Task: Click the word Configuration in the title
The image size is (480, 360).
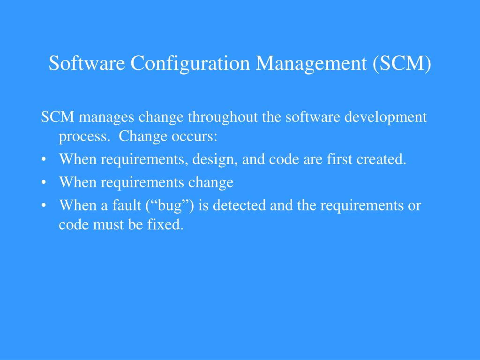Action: tap(190, 63)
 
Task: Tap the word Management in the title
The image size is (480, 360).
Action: tap(311, 63)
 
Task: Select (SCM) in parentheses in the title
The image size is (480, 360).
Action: tap(402, 63)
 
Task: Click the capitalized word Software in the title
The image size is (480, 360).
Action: tap(87, 63)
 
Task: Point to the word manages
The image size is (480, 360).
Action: tap(106, 118)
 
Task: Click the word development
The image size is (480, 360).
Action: tap(385, 117)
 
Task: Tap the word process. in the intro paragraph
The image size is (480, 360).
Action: tap(84, 137)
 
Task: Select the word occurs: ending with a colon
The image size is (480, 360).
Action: tap(194, 136)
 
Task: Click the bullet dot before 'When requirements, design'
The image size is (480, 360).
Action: tap(44, 159)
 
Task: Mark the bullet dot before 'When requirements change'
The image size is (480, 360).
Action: tap(44, 182)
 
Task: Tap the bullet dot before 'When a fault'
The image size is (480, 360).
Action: tap(44, 205)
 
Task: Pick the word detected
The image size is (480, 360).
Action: tap(240, 205)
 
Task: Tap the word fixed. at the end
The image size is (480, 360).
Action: tap(165, 225)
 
